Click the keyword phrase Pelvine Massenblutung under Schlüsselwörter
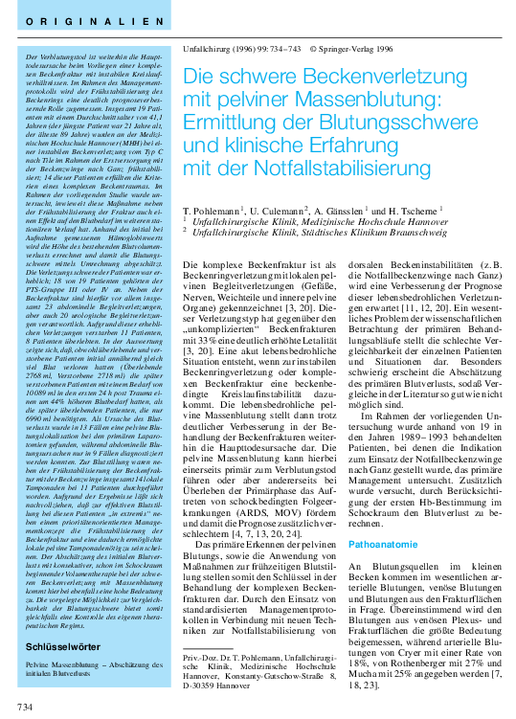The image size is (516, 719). pos(61,637)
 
